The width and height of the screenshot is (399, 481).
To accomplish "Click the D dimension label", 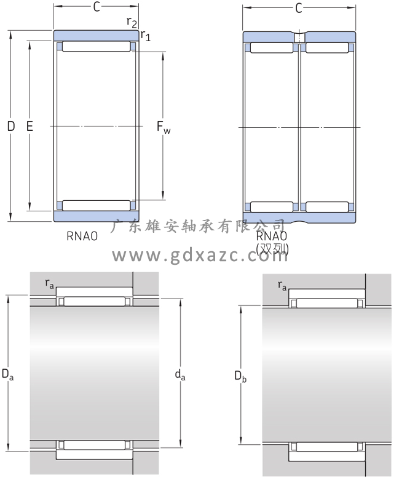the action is coord(11,126).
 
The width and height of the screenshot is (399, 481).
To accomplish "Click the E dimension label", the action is coord(30,126).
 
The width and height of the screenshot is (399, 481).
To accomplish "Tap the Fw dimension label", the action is coord(164,127).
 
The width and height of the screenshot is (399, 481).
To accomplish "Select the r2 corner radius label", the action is coord(132,22).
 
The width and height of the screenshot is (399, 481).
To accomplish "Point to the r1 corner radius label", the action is coord(146,36).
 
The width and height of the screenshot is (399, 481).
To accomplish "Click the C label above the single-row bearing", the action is coord(97,7).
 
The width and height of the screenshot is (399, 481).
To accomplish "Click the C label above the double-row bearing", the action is coord(299,8).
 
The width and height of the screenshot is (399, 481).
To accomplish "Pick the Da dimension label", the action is coord(7,374).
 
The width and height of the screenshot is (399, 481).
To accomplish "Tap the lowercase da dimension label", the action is coord(180,375).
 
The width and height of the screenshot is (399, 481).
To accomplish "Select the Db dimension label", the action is coord(240,376).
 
